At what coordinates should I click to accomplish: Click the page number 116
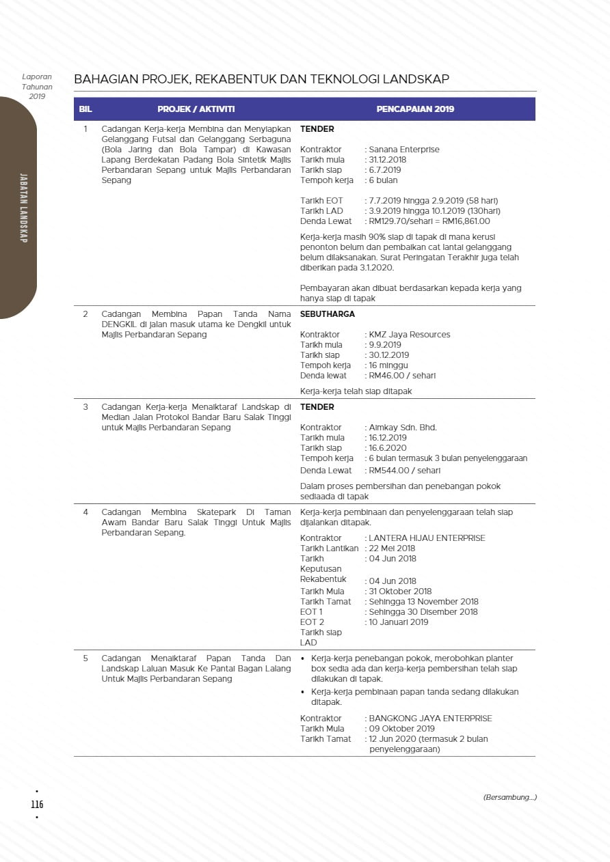(37, 804)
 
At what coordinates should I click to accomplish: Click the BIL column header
(85, 109)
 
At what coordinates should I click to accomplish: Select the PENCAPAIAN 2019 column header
(415, 109)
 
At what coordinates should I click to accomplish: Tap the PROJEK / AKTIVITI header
(196, 109)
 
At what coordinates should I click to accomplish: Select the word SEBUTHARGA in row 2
(328, 314)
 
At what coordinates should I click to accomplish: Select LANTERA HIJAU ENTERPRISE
(427, 538)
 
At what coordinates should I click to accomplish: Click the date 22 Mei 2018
(392, 548)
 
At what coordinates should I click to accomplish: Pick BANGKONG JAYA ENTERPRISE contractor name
(430, 719)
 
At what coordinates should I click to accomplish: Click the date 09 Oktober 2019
(401, 729)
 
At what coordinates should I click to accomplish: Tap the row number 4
(85, 512)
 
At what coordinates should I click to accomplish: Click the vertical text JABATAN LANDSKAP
(23, 208)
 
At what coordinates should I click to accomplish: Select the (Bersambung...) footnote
(509, 797)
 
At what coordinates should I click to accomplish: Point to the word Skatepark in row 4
(214, 512)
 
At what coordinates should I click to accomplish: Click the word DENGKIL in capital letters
(116, 324)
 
